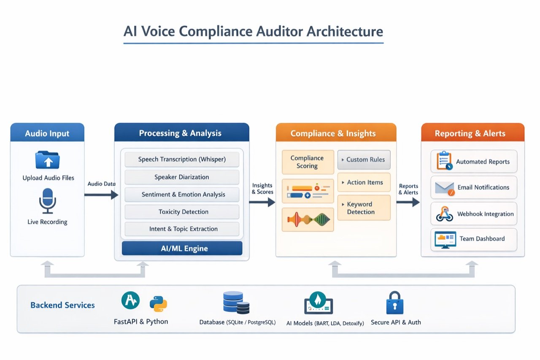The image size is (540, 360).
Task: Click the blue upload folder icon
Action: point(48,160)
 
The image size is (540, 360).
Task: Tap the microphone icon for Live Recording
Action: point(48,201)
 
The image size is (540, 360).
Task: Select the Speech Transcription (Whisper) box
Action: point(182,160)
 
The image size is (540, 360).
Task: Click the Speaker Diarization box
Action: point(182,177)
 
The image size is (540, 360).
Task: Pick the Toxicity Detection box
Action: point(182,212)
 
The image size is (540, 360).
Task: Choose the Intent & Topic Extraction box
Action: point(182,229)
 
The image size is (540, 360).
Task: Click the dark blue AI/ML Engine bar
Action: point(182,248)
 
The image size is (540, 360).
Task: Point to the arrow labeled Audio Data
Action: point(101,195)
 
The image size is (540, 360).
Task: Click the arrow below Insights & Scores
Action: point(262,202)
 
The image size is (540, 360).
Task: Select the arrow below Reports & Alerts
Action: point(408,202)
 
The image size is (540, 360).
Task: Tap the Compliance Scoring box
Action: point(308,162)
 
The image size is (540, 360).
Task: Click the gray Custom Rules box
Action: point(364,160)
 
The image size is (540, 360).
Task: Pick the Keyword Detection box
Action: point(364,208)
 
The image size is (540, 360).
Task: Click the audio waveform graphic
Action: point(309,219)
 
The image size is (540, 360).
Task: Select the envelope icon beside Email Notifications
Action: point(445,188)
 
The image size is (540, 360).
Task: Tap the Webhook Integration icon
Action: point(444,214)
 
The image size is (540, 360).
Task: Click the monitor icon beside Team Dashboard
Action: point(445,240)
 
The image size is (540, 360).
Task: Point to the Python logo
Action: point(158,304)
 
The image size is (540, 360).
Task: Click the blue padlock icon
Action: point(394,303)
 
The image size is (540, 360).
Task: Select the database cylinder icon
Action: point(236,303)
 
